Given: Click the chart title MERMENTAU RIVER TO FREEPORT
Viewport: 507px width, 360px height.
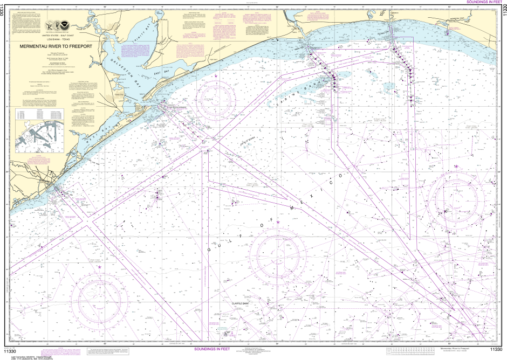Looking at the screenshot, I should [56, 46].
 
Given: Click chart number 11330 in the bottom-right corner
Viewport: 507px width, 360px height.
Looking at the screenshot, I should [495, 349].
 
